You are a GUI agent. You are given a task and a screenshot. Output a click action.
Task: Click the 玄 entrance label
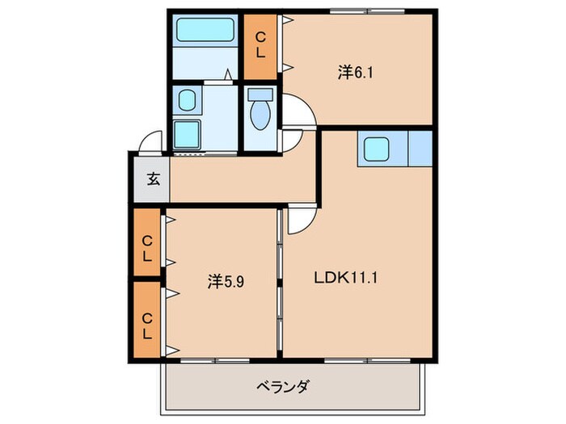click(x=152, y=178)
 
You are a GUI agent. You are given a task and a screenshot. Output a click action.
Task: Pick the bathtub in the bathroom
click(x=205, y=31)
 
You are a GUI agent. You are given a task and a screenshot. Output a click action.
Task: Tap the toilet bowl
click(x=260, y=112)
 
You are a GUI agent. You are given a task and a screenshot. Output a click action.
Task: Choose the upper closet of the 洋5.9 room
click(x=148, y=242)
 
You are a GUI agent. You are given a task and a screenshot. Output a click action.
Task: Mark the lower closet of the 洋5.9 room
click(x=148, y=320)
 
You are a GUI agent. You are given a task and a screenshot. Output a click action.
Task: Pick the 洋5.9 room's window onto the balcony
click(x=214, y=358)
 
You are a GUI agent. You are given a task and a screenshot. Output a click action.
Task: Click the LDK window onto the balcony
click(x=357, y=358)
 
